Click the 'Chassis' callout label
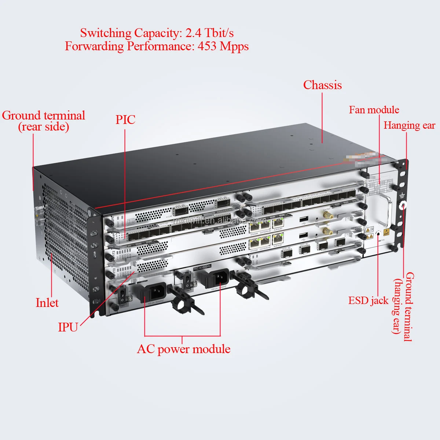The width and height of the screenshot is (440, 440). click(x=322, y=85)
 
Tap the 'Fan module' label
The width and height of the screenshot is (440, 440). click(x=374, y=110)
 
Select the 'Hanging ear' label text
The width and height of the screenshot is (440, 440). click(x=409, y=125)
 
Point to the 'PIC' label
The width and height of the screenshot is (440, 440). click(x=125, y=120)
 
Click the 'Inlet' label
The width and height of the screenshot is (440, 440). click(x=47, y=303)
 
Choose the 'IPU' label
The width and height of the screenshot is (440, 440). click(x=68, y=327)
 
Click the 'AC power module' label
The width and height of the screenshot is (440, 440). click(x=184, y=349)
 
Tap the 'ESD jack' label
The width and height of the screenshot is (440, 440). click(x=368, y=301)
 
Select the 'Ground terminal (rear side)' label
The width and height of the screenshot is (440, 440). click(x=43, y=121)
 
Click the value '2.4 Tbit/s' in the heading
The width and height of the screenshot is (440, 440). click(x=209, y=33)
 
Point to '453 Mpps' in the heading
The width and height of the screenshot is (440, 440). click(x=223, y=47)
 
